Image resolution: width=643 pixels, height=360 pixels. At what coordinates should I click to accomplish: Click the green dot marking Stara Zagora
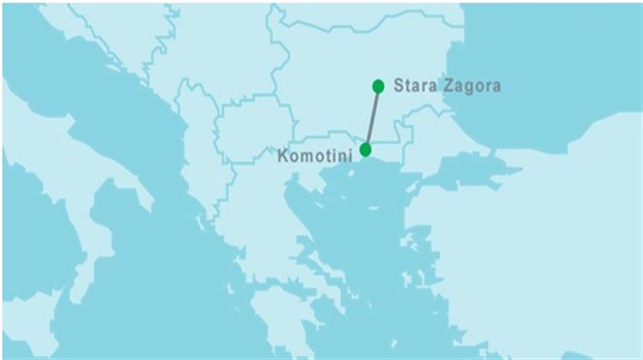[378, 86]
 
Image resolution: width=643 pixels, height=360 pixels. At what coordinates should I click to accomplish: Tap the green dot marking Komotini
[366, 150]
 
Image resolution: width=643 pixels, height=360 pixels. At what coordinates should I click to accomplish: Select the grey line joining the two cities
[372, 118]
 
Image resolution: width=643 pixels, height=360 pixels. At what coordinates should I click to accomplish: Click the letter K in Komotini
[285, 157]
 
